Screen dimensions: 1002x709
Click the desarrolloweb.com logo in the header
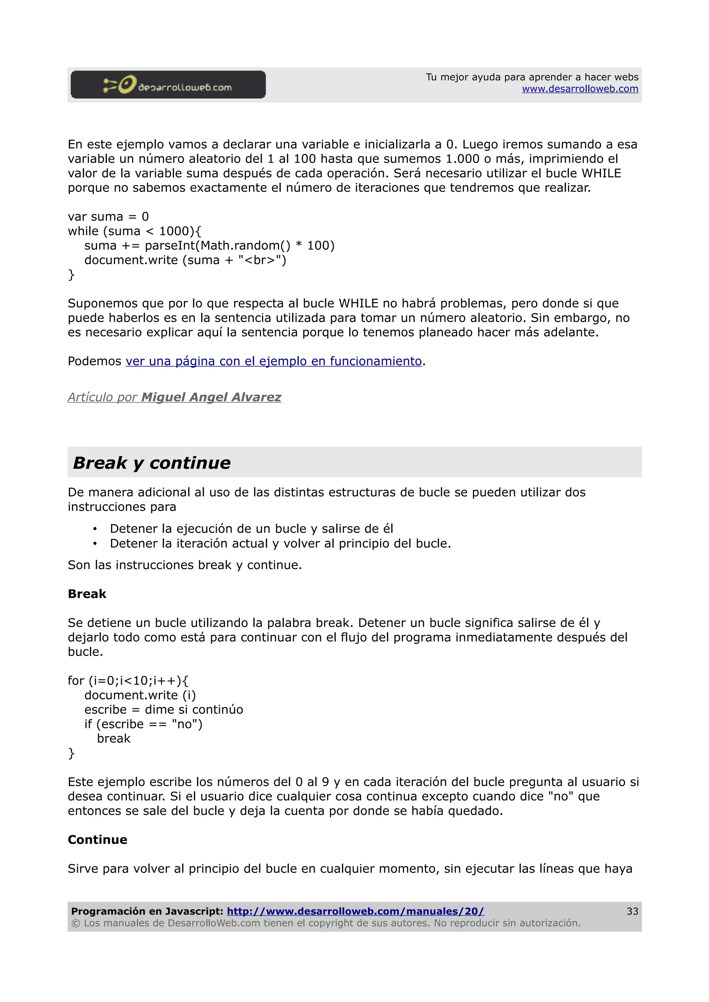pyautogui.click(x=168, y=85)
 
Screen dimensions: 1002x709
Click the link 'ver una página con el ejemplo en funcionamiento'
pyautogui.click(x=273, y=361)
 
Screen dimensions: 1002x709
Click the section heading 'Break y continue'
pyautogui.click(x=152, y=463)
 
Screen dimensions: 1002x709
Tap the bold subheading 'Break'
pyautogui.click(x=87, y=594)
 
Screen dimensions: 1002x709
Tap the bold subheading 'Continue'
pyautogui.click(x=97, y=839)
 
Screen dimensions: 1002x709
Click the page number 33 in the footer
pyautogui.click(x=632, y=911)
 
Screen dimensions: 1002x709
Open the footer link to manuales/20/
pyautogui.click(x=355, y=911)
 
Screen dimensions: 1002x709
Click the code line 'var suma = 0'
pyautogui.click(x=108, y=217)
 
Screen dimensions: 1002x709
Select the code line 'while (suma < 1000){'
pyautogui.click(x=135, y=231)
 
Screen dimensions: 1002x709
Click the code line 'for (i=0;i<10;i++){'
pyautogui.click(x=128, y=681)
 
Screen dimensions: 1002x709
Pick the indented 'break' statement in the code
pyautogui.click(x=114, y=739)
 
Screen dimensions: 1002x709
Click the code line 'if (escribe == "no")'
pyautogui.click(x=143, y=724)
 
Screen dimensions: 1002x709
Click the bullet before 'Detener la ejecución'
pyautogui.click(x=95, y=529)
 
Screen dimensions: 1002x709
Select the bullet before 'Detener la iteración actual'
pyautogui.click(x=95, y=544)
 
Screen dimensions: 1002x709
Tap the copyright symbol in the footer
pyautogui.click(x=75, y=924)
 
